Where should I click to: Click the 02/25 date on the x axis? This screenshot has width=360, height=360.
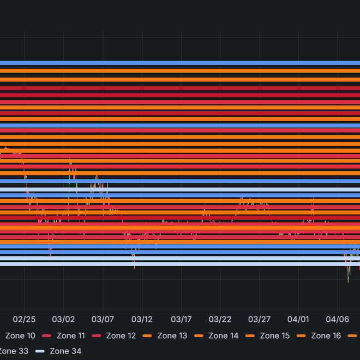(24, 319)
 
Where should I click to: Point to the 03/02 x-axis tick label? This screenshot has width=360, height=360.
(63, 319)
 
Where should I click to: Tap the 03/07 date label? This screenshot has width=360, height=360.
(103, 319)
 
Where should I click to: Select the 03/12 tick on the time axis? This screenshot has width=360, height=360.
(142, 319)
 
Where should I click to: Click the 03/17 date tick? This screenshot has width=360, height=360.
(181, 319)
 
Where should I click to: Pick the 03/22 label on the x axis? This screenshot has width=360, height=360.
(220, 319)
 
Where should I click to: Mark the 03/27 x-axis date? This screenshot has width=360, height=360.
(260, 319)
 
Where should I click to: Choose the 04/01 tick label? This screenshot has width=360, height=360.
(298, 319)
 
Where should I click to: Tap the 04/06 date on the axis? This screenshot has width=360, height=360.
(338, 319)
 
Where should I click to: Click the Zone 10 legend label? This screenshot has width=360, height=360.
(20, 336)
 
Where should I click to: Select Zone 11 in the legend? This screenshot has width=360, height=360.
(70, 336)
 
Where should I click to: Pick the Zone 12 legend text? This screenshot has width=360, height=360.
(121, 336)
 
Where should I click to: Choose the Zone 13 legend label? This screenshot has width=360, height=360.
(172, 336)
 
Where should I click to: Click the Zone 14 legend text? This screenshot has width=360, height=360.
(223, 336)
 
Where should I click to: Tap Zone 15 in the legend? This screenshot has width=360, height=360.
(275, 336)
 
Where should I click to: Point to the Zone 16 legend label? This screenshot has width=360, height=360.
(326, 336)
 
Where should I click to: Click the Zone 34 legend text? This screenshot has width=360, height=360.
(65, 351)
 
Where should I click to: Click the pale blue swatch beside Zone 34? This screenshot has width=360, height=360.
(40, 351)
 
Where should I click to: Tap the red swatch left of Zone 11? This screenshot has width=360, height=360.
(46, 336)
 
